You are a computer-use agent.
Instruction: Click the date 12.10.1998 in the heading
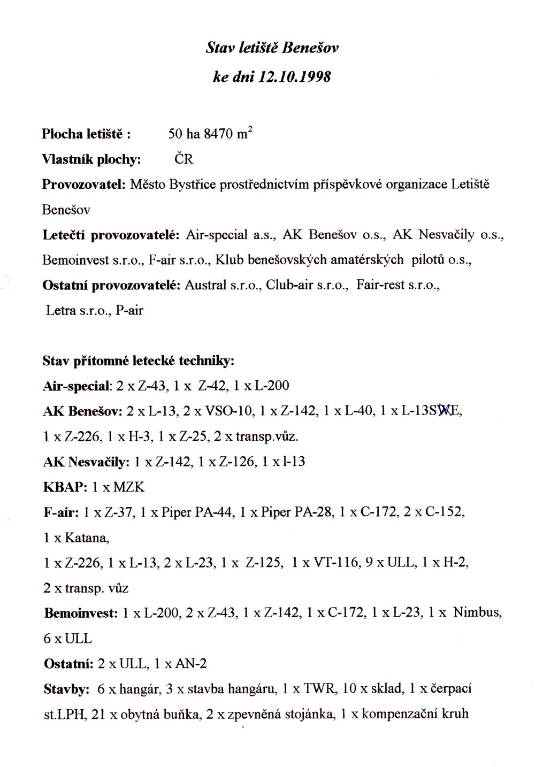click(x=295, y=78)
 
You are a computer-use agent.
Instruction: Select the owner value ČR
click(x=184, y=159)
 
